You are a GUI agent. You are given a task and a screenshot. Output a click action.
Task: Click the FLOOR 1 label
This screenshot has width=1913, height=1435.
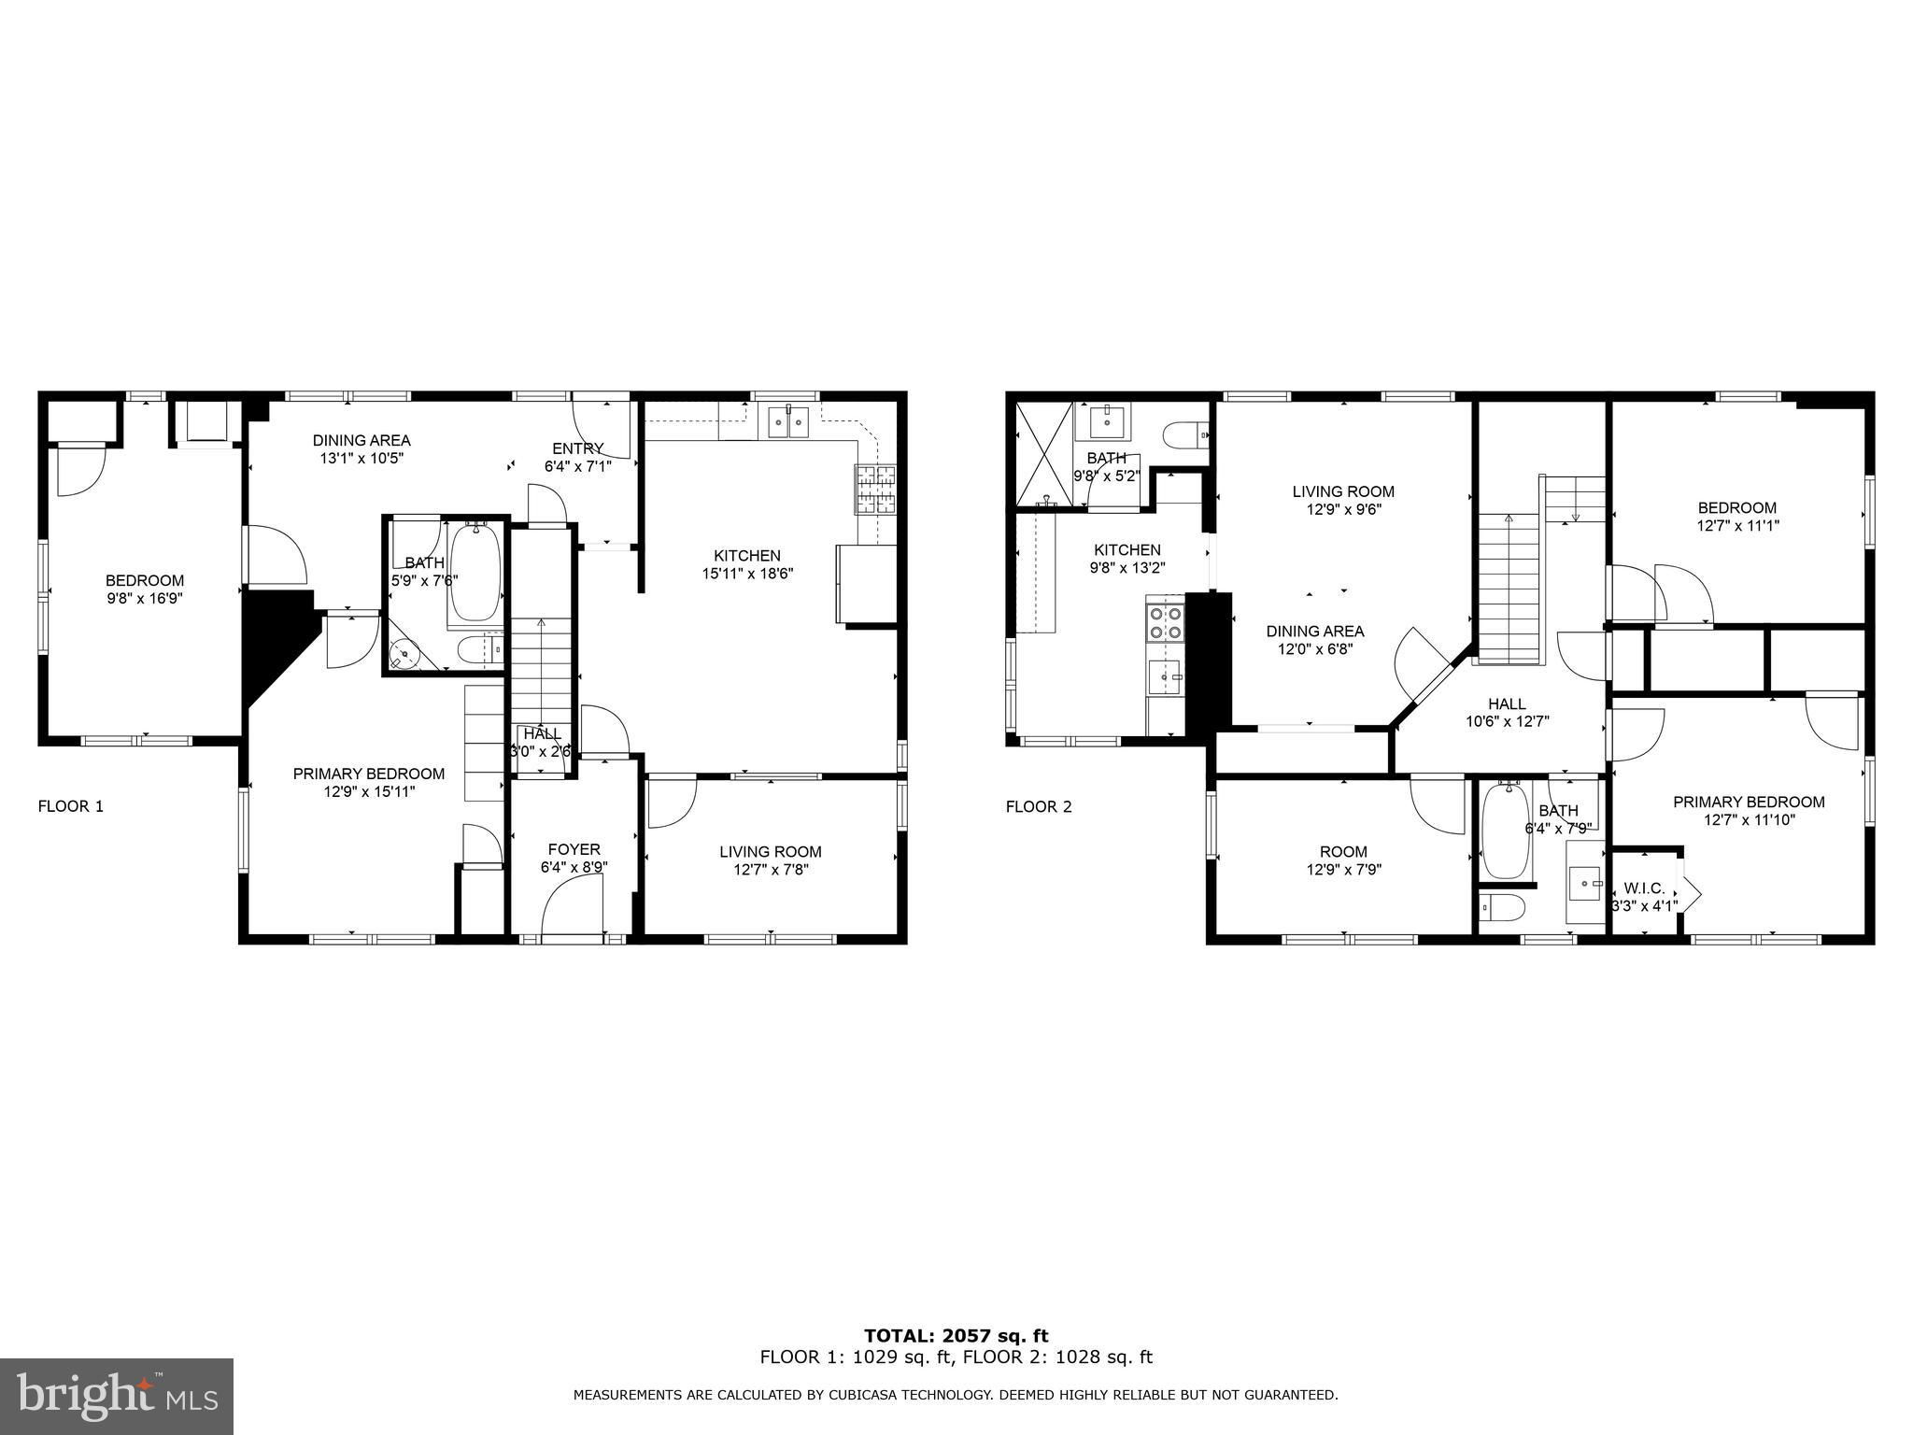click(70, 806)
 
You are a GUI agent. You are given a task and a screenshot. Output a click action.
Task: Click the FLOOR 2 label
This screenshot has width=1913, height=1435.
click(1039, 806)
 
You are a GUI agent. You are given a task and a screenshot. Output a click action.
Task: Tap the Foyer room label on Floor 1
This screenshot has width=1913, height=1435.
click(574, 849)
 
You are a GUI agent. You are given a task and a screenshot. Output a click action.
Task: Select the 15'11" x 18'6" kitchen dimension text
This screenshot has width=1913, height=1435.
click(747, 574)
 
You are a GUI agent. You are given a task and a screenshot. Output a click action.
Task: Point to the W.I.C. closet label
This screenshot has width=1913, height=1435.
click(1645, 888)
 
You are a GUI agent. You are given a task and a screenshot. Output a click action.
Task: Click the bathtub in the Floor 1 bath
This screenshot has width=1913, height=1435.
click(476, 574)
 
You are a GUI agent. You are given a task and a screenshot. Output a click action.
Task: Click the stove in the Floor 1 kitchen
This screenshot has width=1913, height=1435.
click(875, 490)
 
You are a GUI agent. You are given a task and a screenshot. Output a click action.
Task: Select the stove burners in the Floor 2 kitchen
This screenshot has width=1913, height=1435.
click(1165, 622)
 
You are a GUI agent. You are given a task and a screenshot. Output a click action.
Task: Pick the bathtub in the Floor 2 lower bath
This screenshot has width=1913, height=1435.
click(1506, 831)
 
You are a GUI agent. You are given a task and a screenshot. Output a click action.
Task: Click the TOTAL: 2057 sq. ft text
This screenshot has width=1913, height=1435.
click(956, 1337)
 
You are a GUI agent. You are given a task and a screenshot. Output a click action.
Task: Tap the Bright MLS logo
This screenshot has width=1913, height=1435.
click(117, 1397)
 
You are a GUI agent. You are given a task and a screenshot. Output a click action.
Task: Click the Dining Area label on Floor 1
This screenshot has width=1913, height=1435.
click(361, 441)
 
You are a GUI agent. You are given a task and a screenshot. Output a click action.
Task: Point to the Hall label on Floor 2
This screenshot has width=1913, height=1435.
click(1507, 703)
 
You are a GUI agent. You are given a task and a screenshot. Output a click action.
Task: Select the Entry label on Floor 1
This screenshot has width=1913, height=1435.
click(578, 448)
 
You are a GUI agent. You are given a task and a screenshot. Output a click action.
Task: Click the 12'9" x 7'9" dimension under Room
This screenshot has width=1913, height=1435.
click(1343, 869)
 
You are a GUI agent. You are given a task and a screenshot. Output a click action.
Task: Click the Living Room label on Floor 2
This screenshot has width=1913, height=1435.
click(1343, 491)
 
